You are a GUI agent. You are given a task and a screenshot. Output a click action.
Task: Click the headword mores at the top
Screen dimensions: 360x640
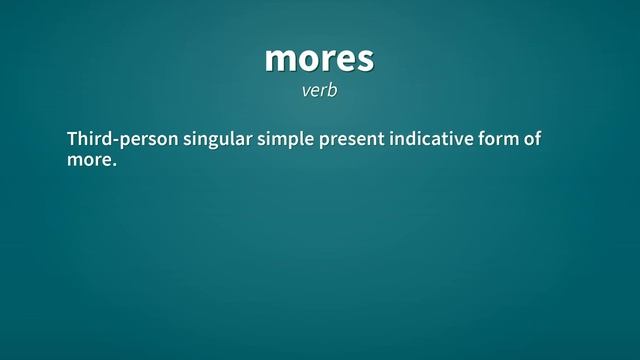coord(319,59)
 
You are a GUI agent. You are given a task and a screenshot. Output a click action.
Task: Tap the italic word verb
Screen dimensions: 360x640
coord(319,90)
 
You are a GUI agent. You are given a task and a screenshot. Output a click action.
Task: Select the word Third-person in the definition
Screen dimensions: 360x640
coord(121,139)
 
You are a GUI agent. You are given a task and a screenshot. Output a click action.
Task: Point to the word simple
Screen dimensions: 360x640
coord(285,139)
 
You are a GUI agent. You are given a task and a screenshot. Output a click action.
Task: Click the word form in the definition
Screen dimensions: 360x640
coord(501,139)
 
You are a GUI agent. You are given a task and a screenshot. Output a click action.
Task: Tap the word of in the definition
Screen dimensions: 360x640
coord(532,139)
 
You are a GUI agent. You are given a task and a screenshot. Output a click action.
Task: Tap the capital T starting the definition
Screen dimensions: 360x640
coord(72,139)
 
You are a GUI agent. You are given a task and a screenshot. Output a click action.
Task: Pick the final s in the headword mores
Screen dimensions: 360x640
coord(365,60)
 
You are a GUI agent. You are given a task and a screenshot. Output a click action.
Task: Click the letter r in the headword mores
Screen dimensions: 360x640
coord(327,60)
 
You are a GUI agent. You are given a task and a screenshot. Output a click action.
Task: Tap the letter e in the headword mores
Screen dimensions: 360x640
coord(345,60)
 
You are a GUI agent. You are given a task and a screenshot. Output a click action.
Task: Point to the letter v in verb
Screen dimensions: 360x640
coord(306,91)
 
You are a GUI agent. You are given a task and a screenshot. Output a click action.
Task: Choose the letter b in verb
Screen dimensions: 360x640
coord(333,89)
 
